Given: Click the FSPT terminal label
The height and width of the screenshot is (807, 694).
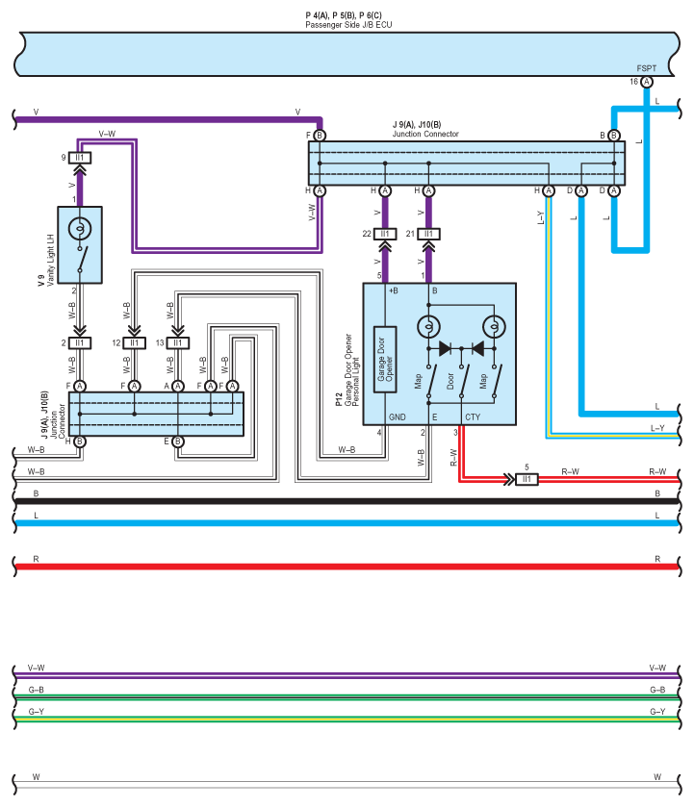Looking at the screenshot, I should (646, 69).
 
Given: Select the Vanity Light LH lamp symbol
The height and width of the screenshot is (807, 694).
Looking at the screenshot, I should (80, 230).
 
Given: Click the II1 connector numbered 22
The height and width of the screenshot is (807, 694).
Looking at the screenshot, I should (385, 234).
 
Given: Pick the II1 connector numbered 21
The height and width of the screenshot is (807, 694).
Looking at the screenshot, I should (429, 234).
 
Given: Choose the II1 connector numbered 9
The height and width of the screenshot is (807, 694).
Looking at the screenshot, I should (80, 158).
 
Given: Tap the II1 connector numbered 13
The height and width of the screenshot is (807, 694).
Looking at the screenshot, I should (177, 342).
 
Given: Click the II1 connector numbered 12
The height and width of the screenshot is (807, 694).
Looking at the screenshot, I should (134, 342).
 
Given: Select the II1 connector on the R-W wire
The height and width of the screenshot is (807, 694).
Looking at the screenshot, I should (527, 478).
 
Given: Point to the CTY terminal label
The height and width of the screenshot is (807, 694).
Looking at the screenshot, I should (473, 416).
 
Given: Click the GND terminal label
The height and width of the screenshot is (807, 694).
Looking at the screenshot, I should (397, 416).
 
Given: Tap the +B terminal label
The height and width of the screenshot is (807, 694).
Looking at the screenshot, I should (393, 290).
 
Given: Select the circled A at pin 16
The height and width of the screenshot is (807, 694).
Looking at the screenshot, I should (647, 83).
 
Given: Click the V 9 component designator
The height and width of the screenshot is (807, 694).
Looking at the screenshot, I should (41, 281).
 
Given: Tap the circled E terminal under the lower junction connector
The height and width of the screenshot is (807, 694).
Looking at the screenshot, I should (177, 442).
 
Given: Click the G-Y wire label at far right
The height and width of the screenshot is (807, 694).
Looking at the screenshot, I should (657, 712).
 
